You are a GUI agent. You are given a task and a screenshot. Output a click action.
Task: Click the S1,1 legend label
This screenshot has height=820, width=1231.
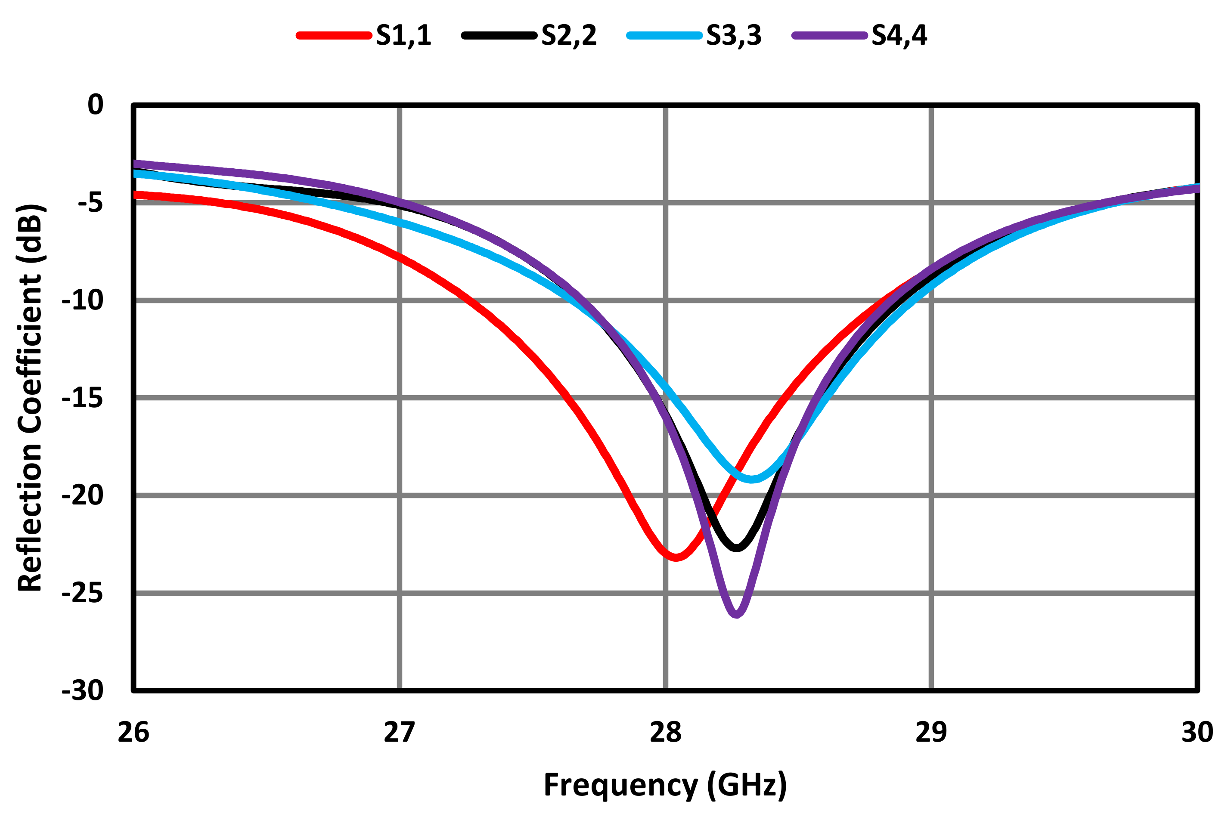click(403, 36)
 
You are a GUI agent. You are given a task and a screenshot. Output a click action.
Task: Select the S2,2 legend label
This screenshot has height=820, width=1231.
click(569, 36)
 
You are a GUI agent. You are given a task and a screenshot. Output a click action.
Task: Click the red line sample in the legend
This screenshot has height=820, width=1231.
click(334, 36)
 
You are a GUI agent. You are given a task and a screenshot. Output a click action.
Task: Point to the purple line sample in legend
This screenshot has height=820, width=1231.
click(829, 36)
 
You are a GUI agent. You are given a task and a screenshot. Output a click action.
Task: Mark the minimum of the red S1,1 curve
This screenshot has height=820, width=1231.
click(676, 557)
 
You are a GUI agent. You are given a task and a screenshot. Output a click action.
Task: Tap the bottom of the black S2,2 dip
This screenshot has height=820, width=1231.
click(737, 548)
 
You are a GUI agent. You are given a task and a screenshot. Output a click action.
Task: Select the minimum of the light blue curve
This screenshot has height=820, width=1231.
click(751, 479)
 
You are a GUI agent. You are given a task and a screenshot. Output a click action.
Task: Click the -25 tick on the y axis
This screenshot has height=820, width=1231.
click(83, 593)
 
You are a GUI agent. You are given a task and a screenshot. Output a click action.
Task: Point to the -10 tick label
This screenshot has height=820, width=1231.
click(83, 300)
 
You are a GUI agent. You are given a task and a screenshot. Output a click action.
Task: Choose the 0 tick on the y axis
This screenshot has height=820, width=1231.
click(95, 105)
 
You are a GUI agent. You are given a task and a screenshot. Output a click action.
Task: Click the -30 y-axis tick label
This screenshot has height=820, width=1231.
click(83, 691)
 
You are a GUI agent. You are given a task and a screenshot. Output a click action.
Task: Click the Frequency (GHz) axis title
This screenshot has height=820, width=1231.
click(665, 785)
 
